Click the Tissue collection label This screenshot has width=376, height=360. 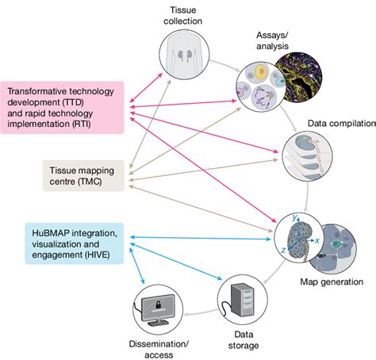[x=183, y=15]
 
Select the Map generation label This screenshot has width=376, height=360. [x=332, y=281]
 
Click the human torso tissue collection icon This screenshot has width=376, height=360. [x=183, y=59]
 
